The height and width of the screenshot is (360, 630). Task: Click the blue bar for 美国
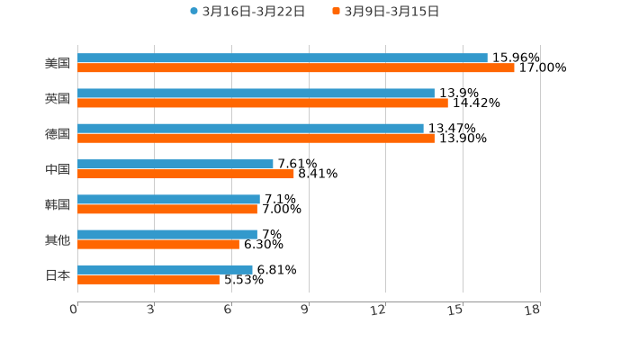tap(283, 58)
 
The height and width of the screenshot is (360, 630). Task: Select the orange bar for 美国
tap(296, 68)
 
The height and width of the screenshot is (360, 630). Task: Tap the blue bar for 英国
tap(256, 94)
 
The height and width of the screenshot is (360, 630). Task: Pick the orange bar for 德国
tap(256, 139)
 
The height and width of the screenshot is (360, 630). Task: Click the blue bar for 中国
tap(175, 164)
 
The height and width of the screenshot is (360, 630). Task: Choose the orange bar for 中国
tap(186, 175)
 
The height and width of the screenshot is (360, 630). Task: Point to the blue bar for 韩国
tap(169, 199)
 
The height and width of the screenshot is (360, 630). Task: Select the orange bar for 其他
tap(158, 244)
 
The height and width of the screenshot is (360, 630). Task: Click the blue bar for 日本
tap(166, 269)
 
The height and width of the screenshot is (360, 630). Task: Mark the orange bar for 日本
tap(148, 280)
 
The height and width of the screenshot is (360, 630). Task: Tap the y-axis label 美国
tap(58, 64)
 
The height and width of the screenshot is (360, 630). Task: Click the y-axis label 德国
tap(58, 134)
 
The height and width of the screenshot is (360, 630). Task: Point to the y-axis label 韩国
tap(58, 204)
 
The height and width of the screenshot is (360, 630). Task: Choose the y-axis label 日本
tap(58, 274)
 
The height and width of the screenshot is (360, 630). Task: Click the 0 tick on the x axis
tap(75, 310)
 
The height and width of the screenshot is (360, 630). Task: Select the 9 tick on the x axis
tap(305, 310)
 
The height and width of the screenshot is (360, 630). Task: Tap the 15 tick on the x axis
tap(456, 310)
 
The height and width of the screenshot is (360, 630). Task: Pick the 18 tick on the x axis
tap(533, 310)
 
